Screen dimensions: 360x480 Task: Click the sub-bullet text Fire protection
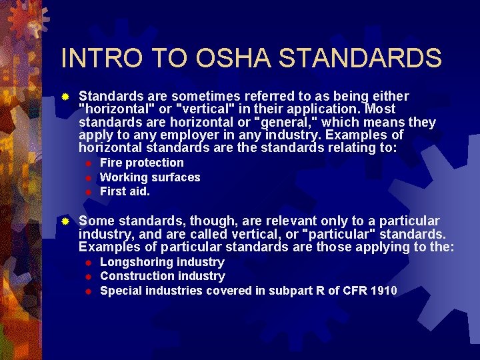tap(141, 163)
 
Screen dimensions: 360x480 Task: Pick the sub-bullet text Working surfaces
tap(150, 177)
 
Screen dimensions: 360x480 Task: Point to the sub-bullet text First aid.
tap(125, 191)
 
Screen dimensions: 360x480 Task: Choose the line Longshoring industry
tap(162, 262)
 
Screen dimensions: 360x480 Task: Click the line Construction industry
tap(163, 276)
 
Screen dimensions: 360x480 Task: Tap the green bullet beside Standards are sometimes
tap(65, 96)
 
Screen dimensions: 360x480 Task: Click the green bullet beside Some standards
tap(65, 221)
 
